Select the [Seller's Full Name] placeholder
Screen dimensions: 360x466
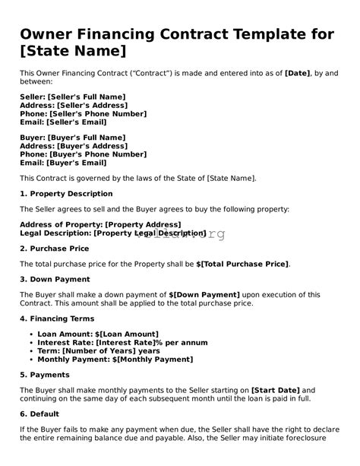[86, 97]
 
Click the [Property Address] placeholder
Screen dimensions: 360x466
[143, 225]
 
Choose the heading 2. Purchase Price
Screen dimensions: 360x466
[55, 248]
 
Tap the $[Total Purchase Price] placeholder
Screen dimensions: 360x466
[243, 264]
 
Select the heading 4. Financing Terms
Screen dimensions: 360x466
[58, 319]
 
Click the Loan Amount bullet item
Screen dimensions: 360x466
[97, 334]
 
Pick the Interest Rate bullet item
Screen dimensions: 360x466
[112, 342]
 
